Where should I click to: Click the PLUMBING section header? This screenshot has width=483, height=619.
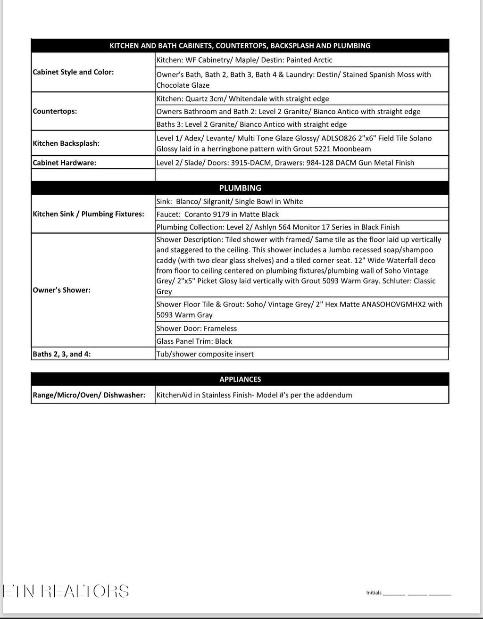pyautogui.click(x=240, y=188)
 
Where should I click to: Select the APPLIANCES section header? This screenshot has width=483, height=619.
pyautogui.click(x=240, y=380)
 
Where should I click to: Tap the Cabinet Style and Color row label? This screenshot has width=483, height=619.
pyautogui.click(x=73, y=72)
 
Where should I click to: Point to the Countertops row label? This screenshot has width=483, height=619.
pyautogui.click(x=55, y=111)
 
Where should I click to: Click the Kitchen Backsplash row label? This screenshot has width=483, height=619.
pyautogui.click(x=66, y=143)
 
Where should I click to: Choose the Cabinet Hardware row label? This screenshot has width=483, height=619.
pyautogui.click(x=64, y=163)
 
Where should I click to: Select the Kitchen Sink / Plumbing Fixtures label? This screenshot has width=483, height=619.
pyautogui.click(x=88, y=214)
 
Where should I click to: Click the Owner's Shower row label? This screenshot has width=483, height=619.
pyautogui.click(x=61, y=290)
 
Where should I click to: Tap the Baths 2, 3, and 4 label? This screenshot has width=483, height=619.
pyautogui.click(x=61, y=354)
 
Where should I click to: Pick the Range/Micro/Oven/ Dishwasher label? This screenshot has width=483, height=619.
pyautogui.click(x=89, y=395)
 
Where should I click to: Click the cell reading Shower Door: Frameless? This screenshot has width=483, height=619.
pyautogui.click(x=197, y=329)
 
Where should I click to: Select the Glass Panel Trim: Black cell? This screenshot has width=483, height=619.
pyautogui.click(x=194, y=341)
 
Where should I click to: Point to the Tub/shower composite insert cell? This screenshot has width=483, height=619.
pyautogui.click(x=205, y=354)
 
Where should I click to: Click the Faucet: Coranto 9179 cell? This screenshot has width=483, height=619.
pyautogui.click(x=217, y=214)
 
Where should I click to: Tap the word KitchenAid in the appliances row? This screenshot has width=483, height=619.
pyautogui.click(x=174, y=395)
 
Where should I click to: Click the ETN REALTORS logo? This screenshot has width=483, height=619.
pyautogui.click(x=66, y=591)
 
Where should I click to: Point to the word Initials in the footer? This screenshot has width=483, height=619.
pyautogui.click(x=374, y=593)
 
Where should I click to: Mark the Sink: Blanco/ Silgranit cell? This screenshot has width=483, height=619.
pyautogui.click(x=230, y=201)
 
